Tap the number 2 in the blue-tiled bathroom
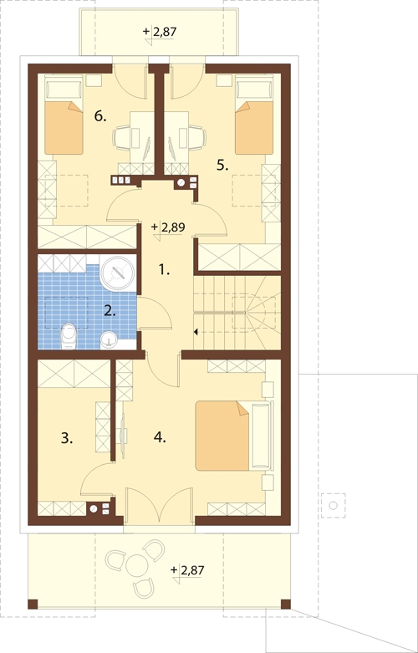110,311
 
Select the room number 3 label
67,437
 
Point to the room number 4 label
160,436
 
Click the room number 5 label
222,166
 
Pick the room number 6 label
100,116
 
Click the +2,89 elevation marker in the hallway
168,227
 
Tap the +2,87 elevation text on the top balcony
161,31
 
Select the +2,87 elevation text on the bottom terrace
187,569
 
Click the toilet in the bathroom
69,335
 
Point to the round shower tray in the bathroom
118,273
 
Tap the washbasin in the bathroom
110,339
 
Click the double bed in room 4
233,436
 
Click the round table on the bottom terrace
137,565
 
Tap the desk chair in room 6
121,138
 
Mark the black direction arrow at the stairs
196,332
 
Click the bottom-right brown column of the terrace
286,604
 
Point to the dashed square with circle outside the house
333,505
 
